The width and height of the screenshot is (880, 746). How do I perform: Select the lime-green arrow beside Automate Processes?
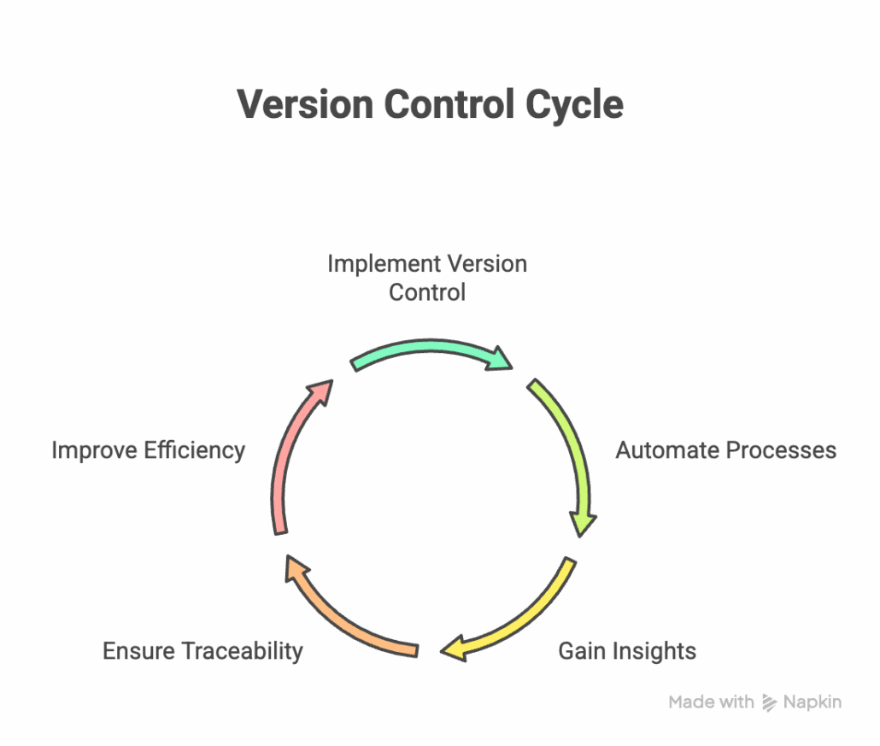(568, 453)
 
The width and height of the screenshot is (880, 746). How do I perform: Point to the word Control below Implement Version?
(427, 292)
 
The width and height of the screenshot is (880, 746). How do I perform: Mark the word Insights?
(654, 651)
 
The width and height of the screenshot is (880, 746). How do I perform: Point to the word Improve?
(91, 450)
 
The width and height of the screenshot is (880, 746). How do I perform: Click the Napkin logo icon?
(769, 702)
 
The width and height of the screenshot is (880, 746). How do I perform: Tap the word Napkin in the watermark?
(813, 702)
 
